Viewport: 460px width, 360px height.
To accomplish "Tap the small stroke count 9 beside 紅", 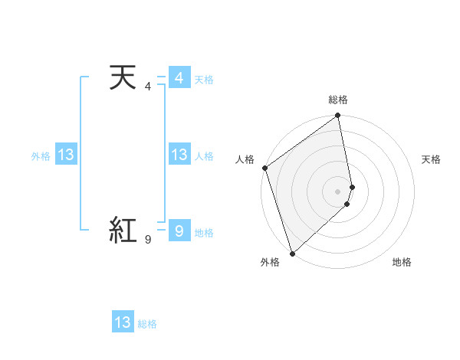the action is pos(148,240).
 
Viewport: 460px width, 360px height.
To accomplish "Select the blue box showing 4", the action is pos(179,78).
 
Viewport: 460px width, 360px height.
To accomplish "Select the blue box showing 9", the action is pos(179,231).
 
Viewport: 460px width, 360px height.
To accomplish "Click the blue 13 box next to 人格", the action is pos(179,155).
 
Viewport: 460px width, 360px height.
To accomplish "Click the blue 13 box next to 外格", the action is pos(66,155).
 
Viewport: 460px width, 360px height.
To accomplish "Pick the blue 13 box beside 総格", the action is pos(123,322).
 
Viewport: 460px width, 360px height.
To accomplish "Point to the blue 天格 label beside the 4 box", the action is pos(204,80).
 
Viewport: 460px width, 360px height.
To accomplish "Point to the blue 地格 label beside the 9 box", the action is pos(204,233).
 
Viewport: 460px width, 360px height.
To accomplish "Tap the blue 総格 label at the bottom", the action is pos(148,324).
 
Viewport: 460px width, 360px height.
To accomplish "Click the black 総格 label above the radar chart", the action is pos(338,100).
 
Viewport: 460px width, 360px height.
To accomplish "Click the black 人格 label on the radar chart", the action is pos(245,159).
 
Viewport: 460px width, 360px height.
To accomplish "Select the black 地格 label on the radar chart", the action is pos(402,262).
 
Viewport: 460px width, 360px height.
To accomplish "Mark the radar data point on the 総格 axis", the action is pos(338,117).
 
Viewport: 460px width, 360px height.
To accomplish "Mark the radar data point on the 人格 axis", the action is pos(264,168).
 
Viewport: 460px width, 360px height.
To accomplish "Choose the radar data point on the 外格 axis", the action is pos(292,253).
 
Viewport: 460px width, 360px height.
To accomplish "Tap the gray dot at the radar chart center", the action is pos(338,191).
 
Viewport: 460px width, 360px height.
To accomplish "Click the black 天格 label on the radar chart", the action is pos(432,159).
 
